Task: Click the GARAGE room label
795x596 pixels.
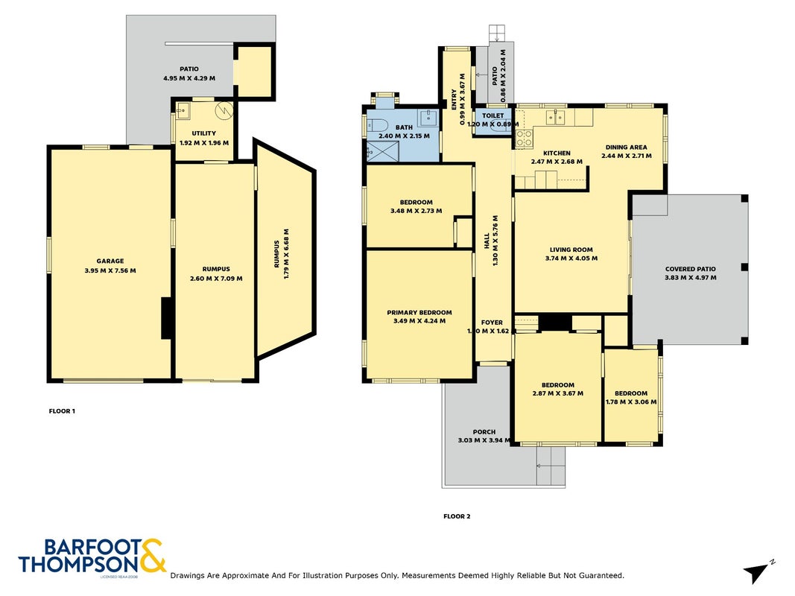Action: click(110, 261)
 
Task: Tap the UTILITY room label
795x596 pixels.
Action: click(204, 133)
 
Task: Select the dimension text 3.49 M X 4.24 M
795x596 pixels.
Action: click(419, 321)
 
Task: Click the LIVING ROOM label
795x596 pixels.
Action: click(571, 250)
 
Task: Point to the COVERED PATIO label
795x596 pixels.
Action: click(691, 269)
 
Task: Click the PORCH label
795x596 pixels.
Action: click(484, 432)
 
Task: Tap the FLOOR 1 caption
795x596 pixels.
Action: click(62, 411)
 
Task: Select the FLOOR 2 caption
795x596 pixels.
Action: click(457, 516)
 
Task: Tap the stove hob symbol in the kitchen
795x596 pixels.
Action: click(525, 139)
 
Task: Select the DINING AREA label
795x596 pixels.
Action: click(626, 147)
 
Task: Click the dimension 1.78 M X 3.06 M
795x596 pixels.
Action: click(631, 402)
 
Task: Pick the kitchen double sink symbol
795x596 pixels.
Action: click(556, 117)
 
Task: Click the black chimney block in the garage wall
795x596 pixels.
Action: click(166, 318)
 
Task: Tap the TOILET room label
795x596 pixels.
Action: click(492, 115)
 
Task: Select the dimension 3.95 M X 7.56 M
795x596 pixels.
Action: click(110, 270)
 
